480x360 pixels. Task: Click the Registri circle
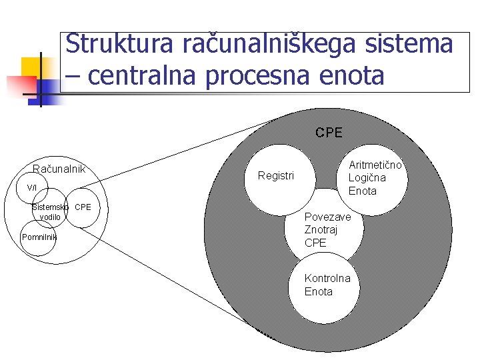coord(276,176)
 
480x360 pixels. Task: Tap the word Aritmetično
coord(375,165)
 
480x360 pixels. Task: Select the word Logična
coord(367,178)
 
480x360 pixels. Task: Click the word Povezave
coord(327,217)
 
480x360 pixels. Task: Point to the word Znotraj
coord(321,229)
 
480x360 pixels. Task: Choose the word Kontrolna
coord(327,278)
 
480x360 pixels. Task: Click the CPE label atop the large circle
coord(329,133)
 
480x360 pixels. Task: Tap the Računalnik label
coord(59,169)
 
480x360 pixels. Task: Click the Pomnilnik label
coord(39,237)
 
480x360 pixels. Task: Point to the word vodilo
coord(50,217)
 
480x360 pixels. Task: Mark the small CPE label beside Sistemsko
coord(83,207)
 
